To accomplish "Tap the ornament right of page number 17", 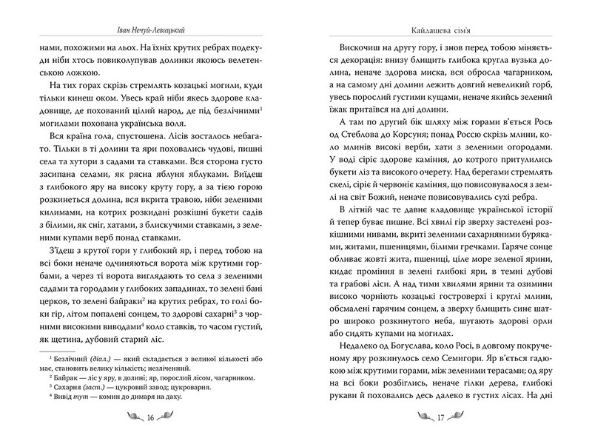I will coord(460,418).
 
